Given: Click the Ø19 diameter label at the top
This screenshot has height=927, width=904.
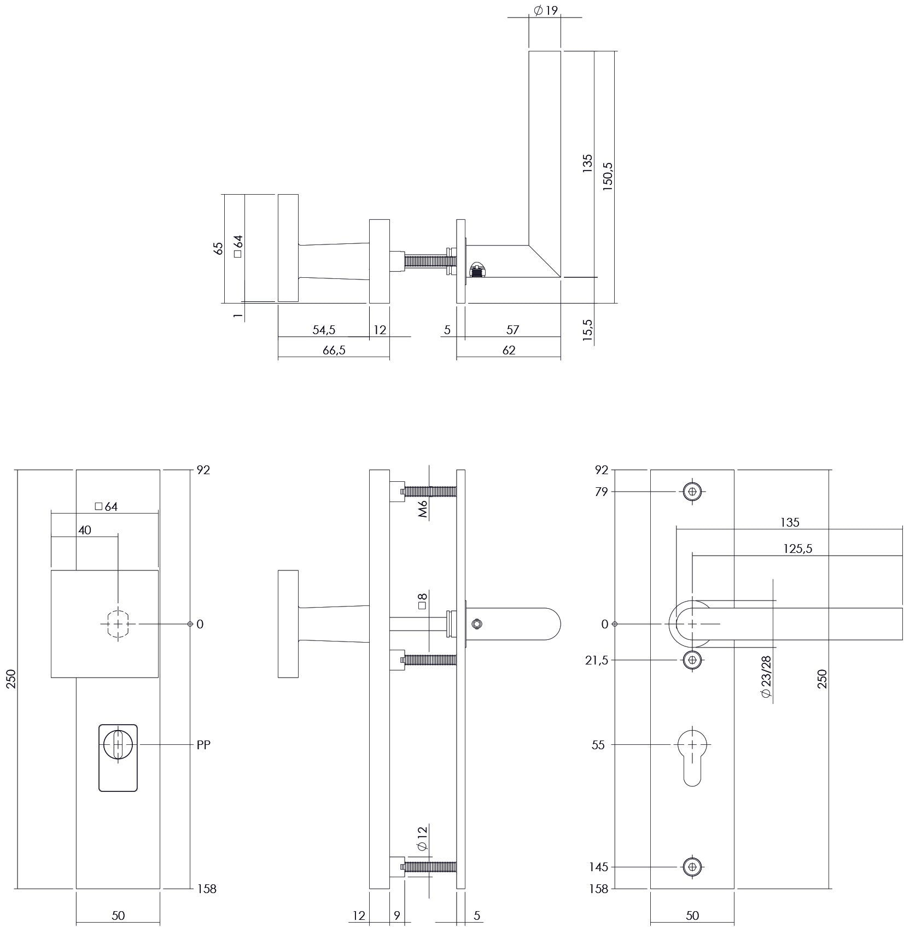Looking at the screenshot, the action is pos(545,10).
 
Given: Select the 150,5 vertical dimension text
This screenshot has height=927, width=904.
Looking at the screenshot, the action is pos(608,176).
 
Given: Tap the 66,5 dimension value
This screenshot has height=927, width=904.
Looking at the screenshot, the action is pos(334,350).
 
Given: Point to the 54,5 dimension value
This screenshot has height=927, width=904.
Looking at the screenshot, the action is pos(324,330).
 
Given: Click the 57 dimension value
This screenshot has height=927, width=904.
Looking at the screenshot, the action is pos(512,330).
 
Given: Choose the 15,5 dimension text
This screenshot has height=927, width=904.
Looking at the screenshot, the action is pos(587,330).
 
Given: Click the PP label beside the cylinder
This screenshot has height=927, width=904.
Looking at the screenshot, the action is pos(203,745).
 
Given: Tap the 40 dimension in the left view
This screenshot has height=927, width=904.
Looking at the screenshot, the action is pos(84,530).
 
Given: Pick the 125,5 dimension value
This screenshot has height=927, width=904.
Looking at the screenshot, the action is pos(798,549).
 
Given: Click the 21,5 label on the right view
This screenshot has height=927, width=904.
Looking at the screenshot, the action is pos(597,660).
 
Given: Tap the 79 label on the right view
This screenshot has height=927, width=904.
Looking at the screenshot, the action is pos(602,492).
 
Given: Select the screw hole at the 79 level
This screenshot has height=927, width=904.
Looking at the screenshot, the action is pos(692,492).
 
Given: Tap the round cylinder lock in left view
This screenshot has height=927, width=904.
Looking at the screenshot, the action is pos(118,745).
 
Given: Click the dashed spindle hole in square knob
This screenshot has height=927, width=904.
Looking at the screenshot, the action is pos(118,623).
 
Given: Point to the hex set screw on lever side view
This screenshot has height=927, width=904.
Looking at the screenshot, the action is pos(477,623).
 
